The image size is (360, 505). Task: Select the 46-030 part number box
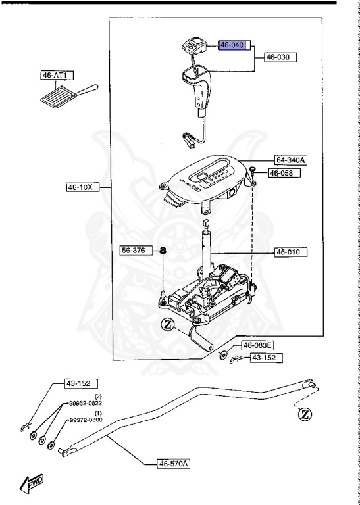coord(280,58)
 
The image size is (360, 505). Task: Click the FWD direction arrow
coord(32,485)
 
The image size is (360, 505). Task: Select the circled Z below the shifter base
coord(168,324)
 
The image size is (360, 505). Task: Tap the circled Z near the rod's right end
coord(305,414)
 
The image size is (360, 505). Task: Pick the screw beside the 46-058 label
coord(252,171)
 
